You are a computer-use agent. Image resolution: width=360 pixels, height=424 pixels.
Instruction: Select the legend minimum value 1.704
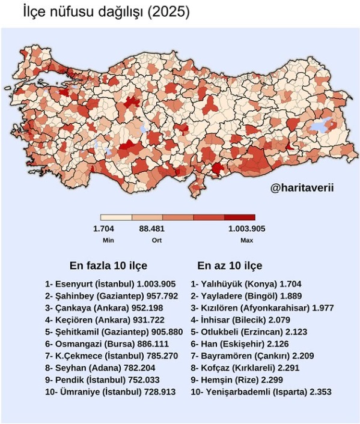click(103, 229)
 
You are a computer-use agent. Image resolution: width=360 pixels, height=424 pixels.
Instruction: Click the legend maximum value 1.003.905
click(246, 229)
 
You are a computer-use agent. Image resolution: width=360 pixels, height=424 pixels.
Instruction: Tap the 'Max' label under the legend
click(246, 240)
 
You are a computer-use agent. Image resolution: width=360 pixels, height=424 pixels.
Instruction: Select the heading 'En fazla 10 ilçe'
click(108, 265)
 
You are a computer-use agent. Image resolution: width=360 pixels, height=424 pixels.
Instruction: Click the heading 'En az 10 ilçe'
click(230, 265)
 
